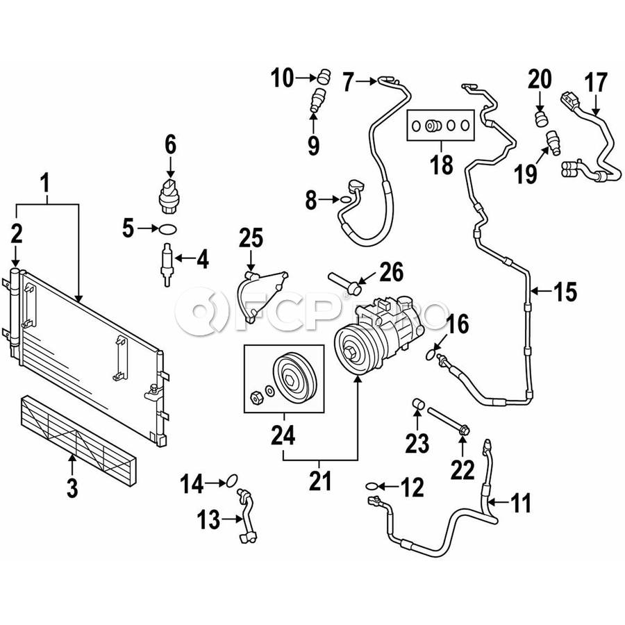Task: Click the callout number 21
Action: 320,481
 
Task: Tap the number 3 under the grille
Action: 72,487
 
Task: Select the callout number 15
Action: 566,292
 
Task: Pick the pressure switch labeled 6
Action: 169,192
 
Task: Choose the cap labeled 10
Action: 323,76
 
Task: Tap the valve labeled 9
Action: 317,100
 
